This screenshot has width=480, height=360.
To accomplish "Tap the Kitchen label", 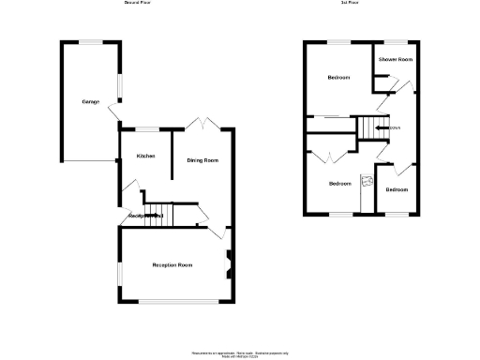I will pos(145,156).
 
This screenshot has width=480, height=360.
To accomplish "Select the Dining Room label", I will pos(202,161).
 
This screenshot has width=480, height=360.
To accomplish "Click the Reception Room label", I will pos(172,265).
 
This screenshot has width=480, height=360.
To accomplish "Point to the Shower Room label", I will pos(396,60).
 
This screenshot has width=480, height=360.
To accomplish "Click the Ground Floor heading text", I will pos(139,4).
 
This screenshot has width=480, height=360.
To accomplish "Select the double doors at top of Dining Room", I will pos(202,124).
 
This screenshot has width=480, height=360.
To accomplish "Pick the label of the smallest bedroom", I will pos(397,190).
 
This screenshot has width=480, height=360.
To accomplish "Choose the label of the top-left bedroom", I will pos(338,77).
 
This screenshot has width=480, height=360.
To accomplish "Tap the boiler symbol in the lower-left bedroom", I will pos(368,181).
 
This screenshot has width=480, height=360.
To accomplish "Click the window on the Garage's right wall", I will pos(119,85).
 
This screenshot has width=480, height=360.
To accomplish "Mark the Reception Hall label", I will pos(146,217).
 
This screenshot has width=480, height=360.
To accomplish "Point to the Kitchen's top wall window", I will pos(146,128).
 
